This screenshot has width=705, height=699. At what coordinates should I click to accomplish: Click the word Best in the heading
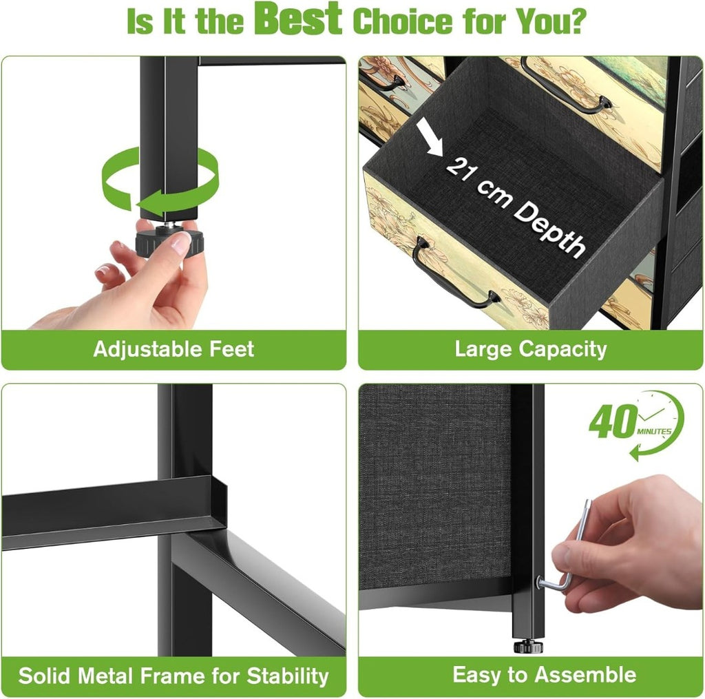297,19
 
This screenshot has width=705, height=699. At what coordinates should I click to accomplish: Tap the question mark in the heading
578,20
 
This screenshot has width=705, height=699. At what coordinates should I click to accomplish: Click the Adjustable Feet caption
173,349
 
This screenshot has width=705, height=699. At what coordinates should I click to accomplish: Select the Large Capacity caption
531,350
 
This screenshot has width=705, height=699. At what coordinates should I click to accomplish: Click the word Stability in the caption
288,676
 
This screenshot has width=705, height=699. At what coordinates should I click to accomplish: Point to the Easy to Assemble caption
544,675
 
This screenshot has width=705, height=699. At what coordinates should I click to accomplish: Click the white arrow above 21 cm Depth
429,137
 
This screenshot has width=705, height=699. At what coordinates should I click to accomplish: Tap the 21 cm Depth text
516,207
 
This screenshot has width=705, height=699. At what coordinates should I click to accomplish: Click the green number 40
613,421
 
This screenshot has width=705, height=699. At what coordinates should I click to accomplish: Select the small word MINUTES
654,431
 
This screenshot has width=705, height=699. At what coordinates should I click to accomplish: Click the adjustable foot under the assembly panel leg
528,647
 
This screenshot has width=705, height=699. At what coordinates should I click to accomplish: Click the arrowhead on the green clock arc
635,452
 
